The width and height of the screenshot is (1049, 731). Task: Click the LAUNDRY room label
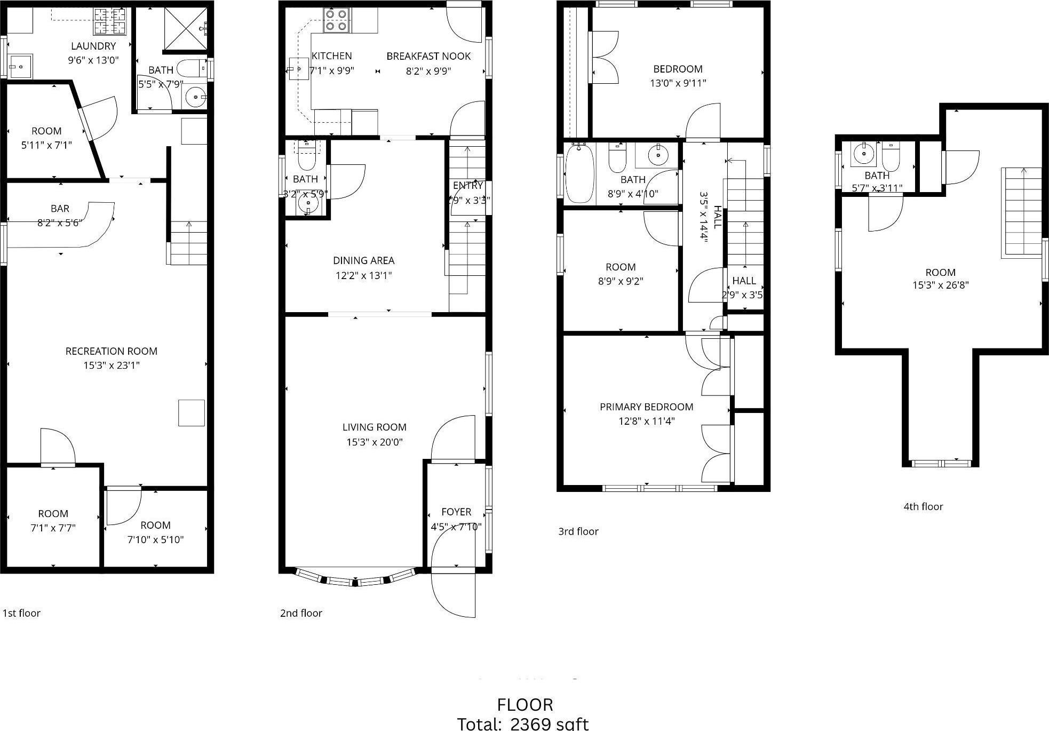point(93,46)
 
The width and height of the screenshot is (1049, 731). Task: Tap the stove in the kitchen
point(337,20)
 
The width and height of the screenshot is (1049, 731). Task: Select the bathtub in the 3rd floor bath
point(579,173)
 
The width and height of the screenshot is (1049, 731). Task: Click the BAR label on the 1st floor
point(60,209)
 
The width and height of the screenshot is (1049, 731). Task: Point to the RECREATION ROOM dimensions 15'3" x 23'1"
point(111,365)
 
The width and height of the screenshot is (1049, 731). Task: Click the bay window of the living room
point(355,578)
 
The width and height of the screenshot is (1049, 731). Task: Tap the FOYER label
point(456,512)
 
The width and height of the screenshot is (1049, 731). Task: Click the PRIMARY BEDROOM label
point(646,407)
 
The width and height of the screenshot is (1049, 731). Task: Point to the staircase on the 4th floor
point(1021,212)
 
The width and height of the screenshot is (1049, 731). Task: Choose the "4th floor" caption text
point(923,507)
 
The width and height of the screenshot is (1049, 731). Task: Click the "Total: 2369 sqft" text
point(523,724)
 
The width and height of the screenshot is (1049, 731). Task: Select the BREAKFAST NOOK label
point(428,57)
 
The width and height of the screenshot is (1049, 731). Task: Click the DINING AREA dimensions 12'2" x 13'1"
point(363,275)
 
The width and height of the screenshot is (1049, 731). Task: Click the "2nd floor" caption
point(301,614)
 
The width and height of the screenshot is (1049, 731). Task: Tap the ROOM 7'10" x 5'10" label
point(155,532)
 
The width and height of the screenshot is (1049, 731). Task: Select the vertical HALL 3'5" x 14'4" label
point(710,217)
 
